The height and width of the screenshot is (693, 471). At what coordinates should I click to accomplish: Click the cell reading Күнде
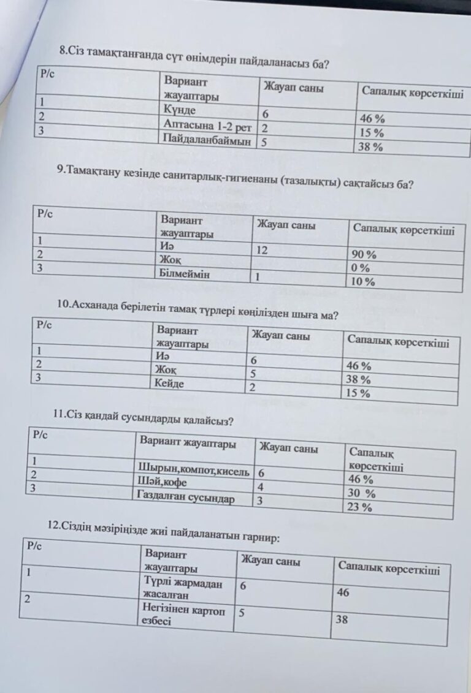tap(180, 110)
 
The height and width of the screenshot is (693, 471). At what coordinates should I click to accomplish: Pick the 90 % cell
tap(364, 255)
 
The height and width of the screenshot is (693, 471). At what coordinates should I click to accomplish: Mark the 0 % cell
tap(361, 268)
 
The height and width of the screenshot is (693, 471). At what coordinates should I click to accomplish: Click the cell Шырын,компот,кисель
tap(194, 471)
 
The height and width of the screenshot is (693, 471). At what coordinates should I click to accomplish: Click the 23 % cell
tap(360, 507)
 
